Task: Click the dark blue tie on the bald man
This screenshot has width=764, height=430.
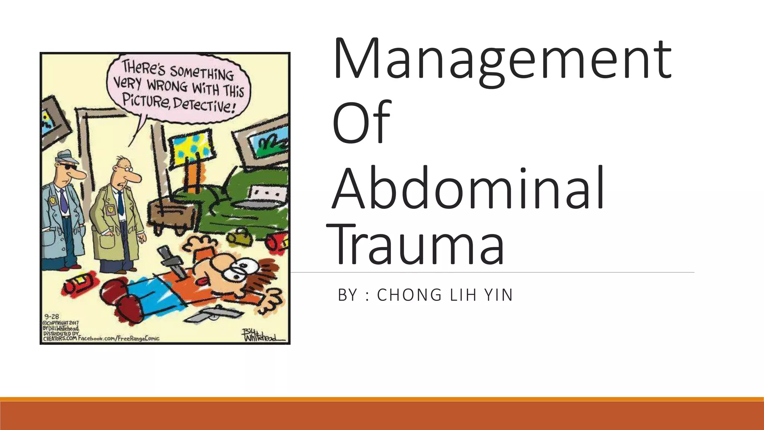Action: click(120, 203)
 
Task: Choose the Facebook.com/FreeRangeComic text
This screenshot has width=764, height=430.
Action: click(119, 339)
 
